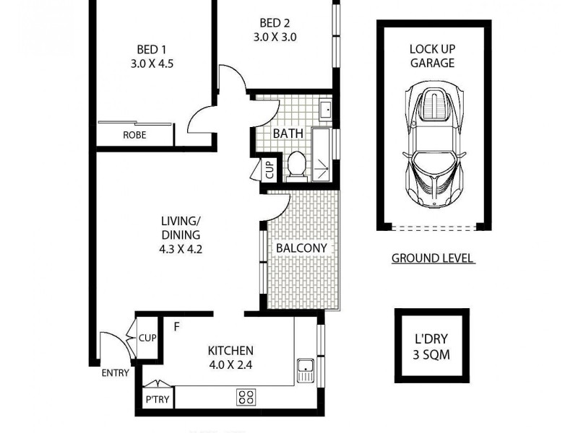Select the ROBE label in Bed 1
[134, 135]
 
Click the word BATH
[287, 134]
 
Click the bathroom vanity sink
[324, 110]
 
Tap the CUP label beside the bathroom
[269, 170]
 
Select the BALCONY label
[302, 248]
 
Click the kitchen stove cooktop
[246, 396]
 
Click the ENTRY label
[115, 373]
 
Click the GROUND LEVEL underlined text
[433, 258]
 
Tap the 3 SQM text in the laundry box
[432, 355]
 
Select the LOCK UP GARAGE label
[432, 56]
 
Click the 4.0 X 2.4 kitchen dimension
[230, 364]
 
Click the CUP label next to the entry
[147, 338]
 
